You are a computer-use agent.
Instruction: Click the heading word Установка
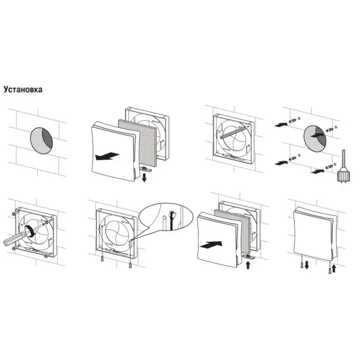tap(23, 89)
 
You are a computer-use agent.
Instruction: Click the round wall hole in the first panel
tap(41, 140)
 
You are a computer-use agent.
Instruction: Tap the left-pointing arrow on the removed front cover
tap(107, 156)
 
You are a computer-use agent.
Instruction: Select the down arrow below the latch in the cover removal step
tap(144, 178)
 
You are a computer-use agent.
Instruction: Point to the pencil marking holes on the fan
tap(234, 132)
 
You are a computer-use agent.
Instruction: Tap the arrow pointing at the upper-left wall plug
tap(281, 125)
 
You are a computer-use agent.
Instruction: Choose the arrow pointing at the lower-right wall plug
tap(317, 171)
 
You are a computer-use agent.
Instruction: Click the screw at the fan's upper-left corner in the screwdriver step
tap(14, 214)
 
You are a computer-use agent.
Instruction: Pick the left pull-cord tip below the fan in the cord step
tap(102, 259)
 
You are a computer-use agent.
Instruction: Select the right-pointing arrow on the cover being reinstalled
tap(211, 245)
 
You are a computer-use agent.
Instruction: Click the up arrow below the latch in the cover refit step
tap(248, 265)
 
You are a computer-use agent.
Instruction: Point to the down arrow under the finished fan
tap(307, 265)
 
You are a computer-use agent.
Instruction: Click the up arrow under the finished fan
tap(334, 268)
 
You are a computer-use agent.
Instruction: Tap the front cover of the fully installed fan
tap(313, 233)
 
